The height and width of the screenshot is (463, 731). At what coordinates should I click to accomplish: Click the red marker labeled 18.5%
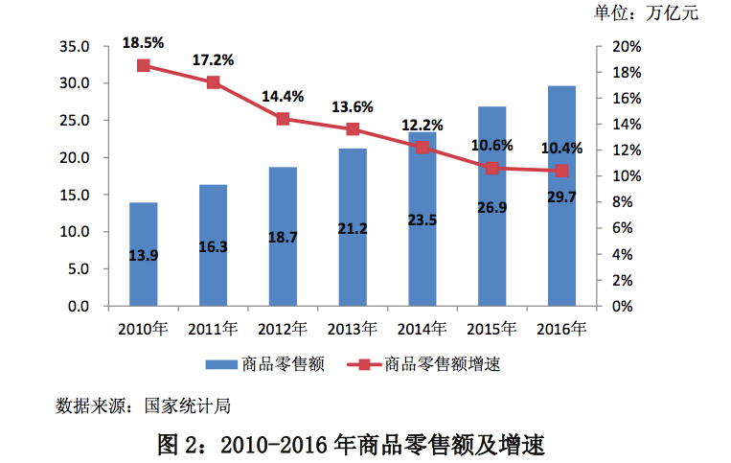pos(144,66)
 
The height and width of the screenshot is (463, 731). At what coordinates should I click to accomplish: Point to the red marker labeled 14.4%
pos(283,119)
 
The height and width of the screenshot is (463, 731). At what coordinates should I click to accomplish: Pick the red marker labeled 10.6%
pos(492,168)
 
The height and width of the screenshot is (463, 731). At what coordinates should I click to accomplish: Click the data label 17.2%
pos(213,59)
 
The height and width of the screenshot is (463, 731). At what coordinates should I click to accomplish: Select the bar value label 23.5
pos(423,246)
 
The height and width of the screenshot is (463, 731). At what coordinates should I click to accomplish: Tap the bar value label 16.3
pos(213,246)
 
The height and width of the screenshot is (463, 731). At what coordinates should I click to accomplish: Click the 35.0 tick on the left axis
pos(74,46)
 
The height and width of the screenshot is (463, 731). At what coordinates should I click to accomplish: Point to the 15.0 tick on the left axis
pos(74,195)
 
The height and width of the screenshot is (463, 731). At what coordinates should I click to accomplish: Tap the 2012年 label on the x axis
pos(283,330)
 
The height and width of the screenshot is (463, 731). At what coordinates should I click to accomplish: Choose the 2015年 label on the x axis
pos(492,330)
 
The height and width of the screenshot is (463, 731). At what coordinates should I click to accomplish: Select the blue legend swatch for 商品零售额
pos(220,364)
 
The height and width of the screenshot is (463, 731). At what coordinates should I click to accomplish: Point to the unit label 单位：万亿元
pos(647,13)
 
